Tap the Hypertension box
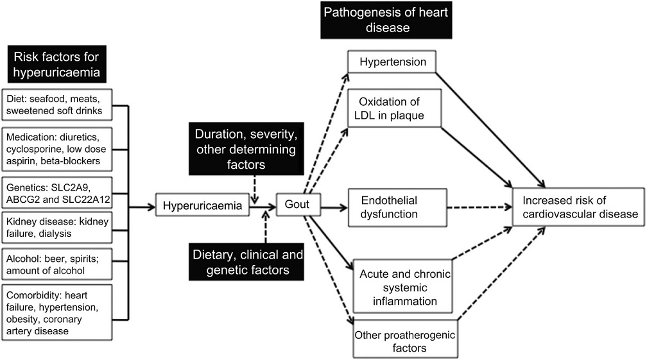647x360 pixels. (392, 62)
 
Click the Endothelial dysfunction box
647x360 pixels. (395, 207)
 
